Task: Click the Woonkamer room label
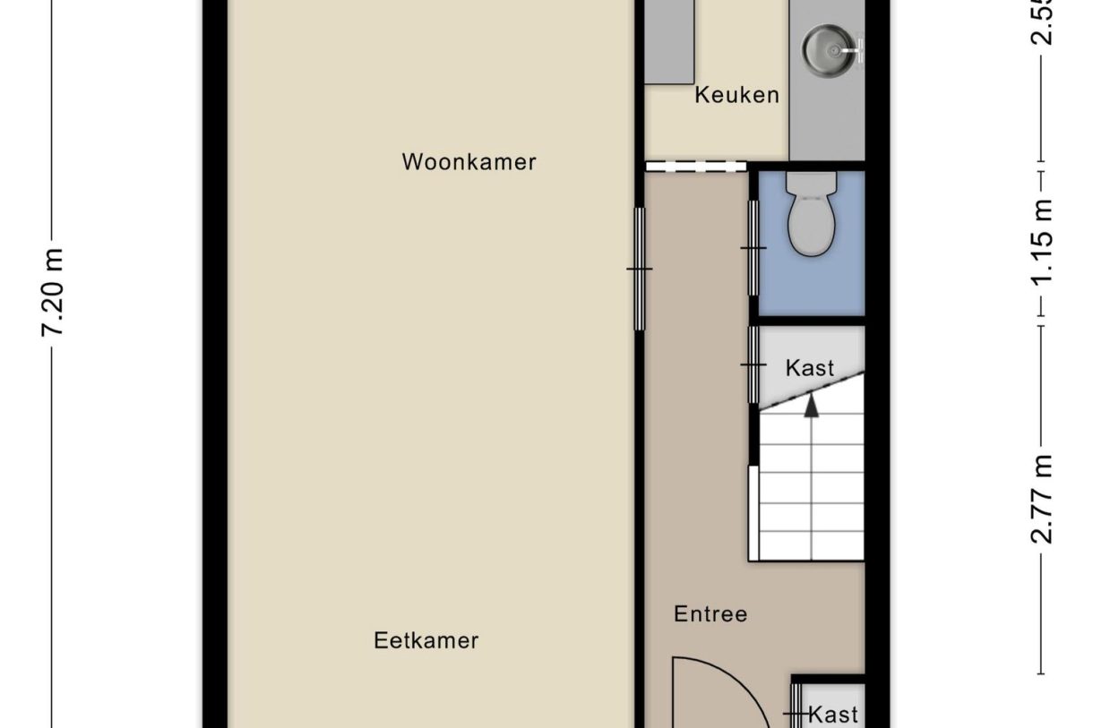coord(469,162)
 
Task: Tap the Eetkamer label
coord(426,641)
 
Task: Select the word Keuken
coord(736,95)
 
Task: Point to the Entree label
coord(710,614)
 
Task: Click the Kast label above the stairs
coord(810,367)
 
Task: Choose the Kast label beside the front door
coord(833,715)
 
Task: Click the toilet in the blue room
coord(812,215)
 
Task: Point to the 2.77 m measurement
coord(1042,500)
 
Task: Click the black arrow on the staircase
coord(812,405)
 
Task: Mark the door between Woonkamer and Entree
coord(640,269)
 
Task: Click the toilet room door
coord(753,248)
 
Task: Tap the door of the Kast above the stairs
coord(753,364)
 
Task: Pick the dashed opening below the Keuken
coord(695,166)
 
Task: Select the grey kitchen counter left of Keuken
coord(671,42)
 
